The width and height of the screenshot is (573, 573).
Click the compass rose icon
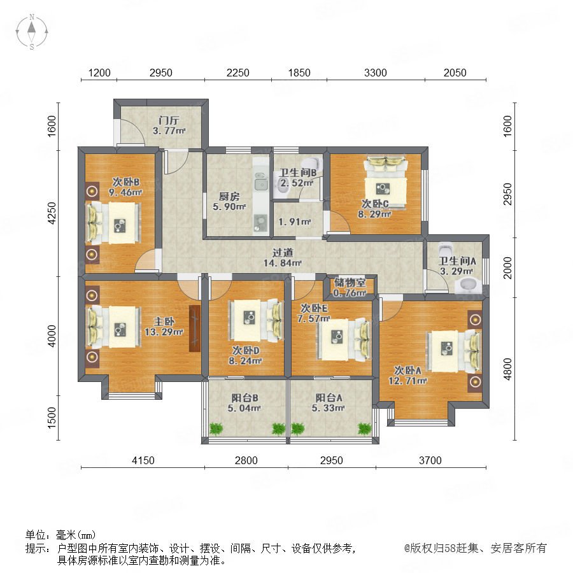32,32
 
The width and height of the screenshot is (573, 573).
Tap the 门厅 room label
169,120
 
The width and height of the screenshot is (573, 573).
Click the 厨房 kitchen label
229,197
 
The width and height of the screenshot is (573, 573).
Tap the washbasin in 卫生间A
468,285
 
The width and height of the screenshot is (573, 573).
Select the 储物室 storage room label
350,282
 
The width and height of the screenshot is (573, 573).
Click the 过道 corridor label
283,252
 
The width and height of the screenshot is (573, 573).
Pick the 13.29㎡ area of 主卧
164,332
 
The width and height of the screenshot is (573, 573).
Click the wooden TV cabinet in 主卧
195,328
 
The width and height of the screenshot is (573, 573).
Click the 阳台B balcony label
244,397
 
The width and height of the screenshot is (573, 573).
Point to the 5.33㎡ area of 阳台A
328,408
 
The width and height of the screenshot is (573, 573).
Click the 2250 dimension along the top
238,73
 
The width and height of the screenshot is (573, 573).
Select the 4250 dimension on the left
52,213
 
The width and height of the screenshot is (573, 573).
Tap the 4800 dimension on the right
507,369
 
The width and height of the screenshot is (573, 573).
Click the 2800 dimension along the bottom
246,460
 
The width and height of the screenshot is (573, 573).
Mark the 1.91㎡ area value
295,222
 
